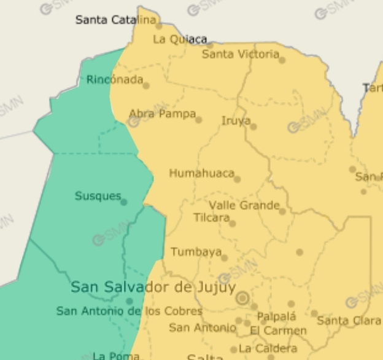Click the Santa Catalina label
click(115, 20)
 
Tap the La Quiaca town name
click(179, 39)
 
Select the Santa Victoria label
click(240, 55)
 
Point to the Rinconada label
click(114, 80)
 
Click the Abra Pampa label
click(162, 114)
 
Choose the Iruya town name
click(236, 121)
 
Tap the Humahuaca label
click(201, 173)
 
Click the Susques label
click(98, 196)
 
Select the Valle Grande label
click(244, 205)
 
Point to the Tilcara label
click(211, 217)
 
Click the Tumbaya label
click(196, 252)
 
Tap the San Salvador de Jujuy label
click(153, 287)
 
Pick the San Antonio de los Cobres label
click(129, 311)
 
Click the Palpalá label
click(276, 317)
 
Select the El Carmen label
click(278, 331)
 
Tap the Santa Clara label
click(349, 321)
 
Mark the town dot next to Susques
click(124, 202)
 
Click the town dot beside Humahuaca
click(237, 179)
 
